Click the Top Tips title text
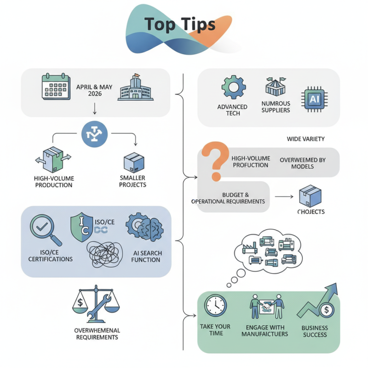179,25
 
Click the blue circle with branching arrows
94,133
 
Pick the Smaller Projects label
133,181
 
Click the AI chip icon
311,99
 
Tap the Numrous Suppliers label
276,107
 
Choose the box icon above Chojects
310,196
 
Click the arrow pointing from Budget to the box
283,197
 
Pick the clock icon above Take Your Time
216,305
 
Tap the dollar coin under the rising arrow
326,310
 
